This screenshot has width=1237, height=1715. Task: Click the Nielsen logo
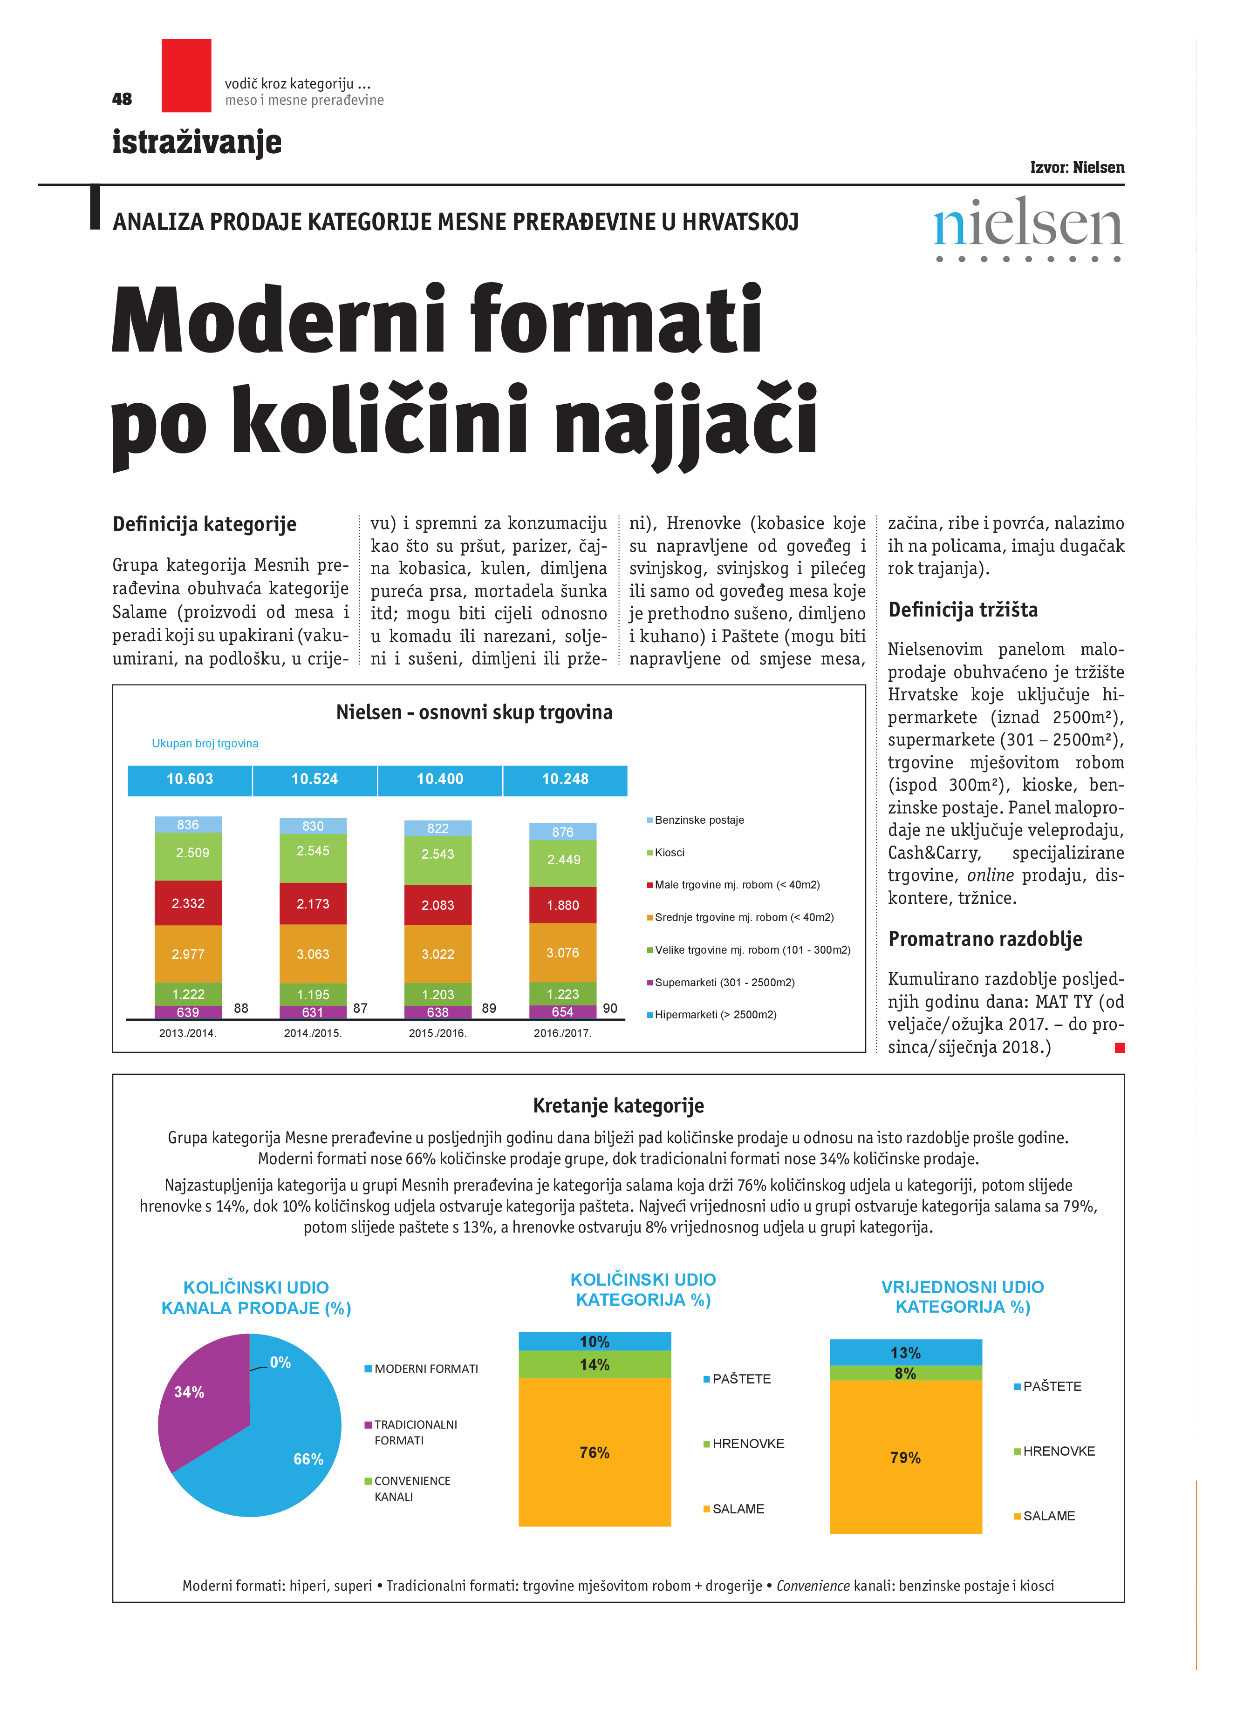point(1027,226)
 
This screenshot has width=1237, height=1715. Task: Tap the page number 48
point(122,99)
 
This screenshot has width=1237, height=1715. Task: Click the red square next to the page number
point(186,75)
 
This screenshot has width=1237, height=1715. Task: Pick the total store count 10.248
point(565,780)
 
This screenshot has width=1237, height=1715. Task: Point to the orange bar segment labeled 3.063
point(313,954)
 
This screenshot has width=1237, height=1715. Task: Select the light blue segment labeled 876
point(562,832)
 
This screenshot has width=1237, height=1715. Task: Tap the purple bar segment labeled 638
point(437,1012)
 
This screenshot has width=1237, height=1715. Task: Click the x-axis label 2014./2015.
point(313,1033)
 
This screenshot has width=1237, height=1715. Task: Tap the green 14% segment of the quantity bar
point(595,1365)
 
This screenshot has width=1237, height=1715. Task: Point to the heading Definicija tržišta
point(963,610)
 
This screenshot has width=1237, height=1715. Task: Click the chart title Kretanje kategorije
point(618,1106)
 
